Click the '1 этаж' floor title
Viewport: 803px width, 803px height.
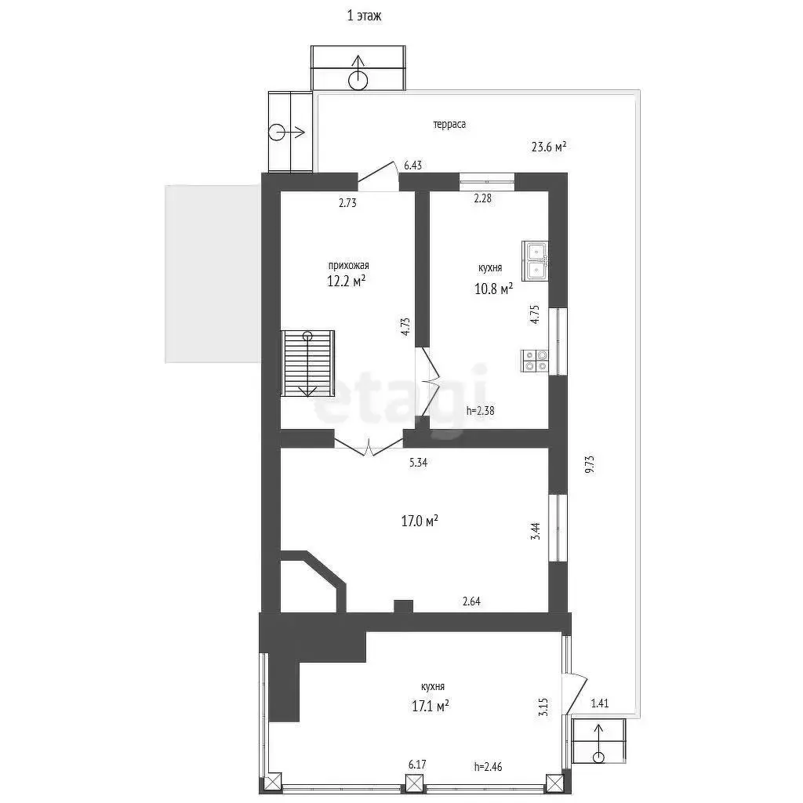click(x=364, y=16)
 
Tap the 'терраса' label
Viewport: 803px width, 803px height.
click(x=449, y=125)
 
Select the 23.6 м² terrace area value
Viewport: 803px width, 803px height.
click(x=548, y=147)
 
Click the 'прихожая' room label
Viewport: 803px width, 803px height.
click(x=348, y=266)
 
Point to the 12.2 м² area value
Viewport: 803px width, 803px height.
click(x=346, y=281)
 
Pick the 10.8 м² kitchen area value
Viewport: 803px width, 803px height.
click(x=494, y=289)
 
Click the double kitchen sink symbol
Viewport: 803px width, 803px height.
click(x=535, y=261)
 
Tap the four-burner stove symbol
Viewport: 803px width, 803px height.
click(x=535, y=361)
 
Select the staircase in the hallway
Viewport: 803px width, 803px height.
click(x=307, y=363)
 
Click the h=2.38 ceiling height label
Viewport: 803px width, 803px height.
click(x=481, y=410)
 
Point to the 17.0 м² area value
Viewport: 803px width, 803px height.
click(x=420, y=521)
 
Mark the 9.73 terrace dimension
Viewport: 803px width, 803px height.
click(x=590, y=464)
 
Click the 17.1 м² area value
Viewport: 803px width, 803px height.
click(x=431, y=707)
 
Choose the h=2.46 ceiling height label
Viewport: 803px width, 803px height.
click(x=488, y=767)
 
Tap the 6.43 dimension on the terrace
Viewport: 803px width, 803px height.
click(x=412, y=165)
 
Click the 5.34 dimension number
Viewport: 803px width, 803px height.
click(x=419, y=463)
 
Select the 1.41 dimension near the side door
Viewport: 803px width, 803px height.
click(x=600, y=703)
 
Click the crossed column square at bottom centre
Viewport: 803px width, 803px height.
click(x=415, y=783)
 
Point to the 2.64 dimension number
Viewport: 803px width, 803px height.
click(x=471, y=601)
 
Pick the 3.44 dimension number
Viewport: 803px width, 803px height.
click(x=536, y=531)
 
